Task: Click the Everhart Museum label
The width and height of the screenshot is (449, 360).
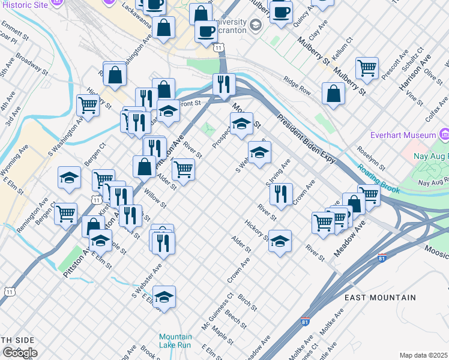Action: tap(403, 134)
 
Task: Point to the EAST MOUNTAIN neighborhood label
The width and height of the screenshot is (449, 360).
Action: tap(380, 298)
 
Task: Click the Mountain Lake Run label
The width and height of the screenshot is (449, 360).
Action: tap(175, 341)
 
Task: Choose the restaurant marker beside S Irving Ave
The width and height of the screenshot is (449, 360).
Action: tap(280, 194)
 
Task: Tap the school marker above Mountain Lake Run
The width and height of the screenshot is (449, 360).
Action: tap(164, 296)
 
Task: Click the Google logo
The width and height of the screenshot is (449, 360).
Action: tap(19, 352)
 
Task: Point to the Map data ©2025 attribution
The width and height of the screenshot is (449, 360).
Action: tap(423, 355)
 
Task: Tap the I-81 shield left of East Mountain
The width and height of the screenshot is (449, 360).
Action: tap(305, 323)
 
